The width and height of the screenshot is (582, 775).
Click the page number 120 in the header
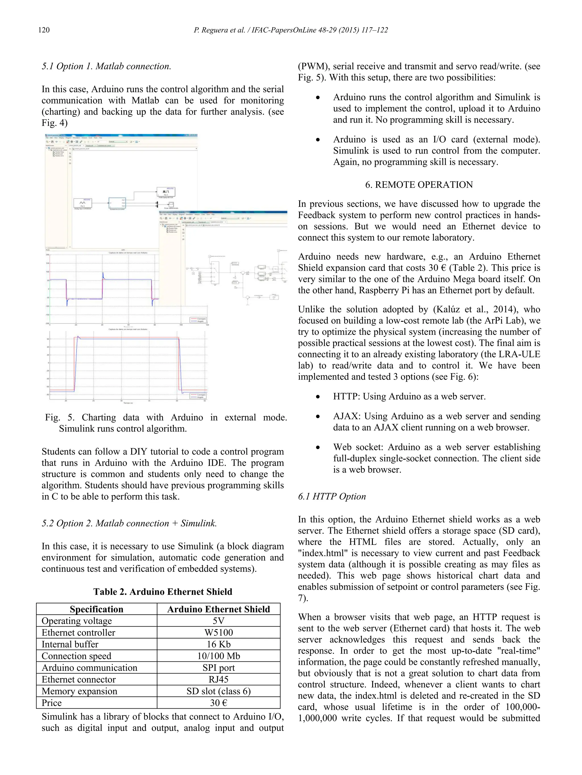tap(44, 30)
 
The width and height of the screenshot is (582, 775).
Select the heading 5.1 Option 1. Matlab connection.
tap(106, 66)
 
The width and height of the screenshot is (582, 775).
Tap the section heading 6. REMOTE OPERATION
tap(419, 185)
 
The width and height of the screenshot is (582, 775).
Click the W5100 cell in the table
tap(218, 633)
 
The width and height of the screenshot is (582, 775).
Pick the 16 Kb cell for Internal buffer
tap(218, 644)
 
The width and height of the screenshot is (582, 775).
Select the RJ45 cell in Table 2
tap(218, 679)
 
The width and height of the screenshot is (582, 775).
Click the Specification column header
tap(96, 609)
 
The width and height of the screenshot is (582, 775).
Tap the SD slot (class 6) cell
tap(218, 691)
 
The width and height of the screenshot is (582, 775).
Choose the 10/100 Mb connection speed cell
tap(218, 656)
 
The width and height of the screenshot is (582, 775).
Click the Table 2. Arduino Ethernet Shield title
tap(163, 592)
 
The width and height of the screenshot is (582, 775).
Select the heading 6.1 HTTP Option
tap(332, 496)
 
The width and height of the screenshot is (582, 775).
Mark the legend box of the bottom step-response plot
tap(198, 396)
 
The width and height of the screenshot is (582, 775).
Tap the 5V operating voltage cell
tap(218, 621)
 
